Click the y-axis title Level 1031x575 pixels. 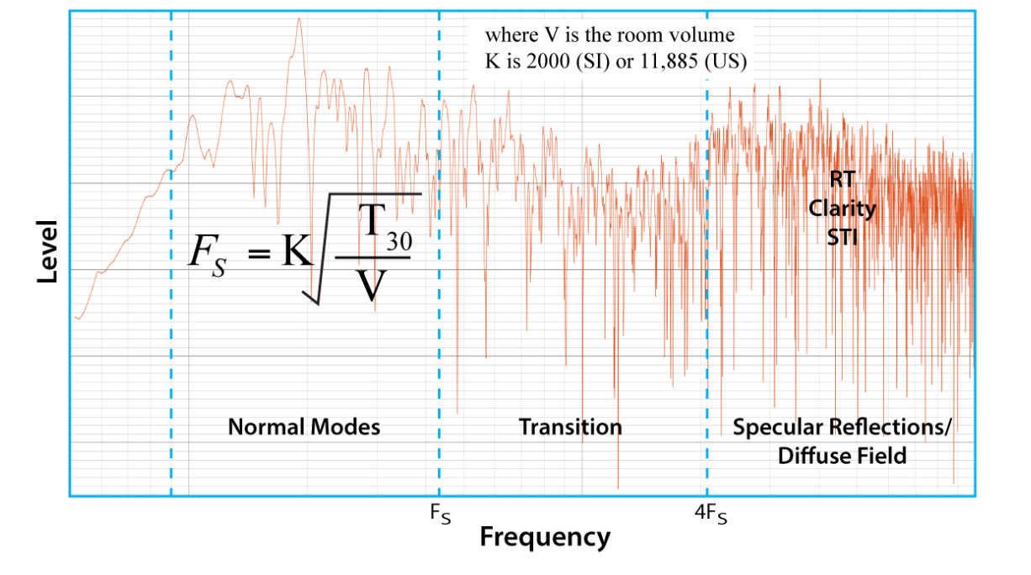47,251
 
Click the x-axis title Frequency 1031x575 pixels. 545,537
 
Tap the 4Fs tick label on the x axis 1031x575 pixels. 711,514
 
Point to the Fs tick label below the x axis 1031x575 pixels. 441,514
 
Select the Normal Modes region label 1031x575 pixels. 304,427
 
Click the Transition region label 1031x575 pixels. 570,427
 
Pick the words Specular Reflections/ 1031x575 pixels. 842,427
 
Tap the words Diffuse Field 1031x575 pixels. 843,456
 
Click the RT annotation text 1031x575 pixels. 843,179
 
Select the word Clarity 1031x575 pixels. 843,209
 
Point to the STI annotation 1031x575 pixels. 843,238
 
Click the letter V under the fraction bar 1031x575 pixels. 371,285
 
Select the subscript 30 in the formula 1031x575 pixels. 399,241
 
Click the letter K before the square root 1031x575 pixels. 298,251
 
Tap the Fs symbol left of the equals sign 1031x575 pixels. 208,256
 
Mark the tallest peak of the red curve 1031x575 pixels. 299,18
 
